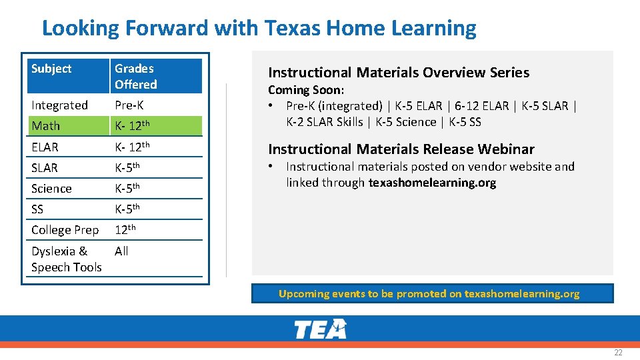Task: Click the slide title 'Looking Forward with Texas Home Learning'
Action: [259, 28]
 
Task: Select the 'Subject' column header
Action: [51, 69]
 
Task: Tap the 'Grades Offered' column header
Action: [136, 76]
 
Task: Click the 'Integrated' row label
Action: [59, 105]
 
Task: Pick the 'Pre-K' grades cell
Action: [129, 105]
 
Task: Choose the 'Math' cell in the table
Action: [46, 126]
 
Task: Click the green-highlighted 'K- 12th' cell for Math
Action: [133, 125]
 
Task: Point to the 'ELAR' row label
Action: [45, 147]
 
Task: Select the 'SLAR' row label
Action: [45, 168]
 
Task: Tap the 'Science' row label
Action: [51, 189]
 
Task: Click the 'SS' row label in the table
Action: [37, 209]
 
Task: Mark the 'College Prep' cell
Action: [65, 230]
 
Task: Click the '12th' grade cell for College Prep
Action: [125, 230]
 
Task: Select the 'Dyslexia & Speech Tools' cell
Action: [66, 259]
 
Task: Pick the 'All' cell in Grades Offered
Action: [121, 251]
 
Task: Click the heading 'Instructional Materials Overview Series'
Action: [399, 73]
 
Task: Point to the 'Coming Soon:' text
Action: [306, 90]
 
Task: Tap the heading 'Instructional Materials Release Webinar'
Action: [401, 149]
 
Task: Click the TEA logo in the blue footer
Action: [320, 329]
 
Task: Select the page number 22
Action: [618, 353]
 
